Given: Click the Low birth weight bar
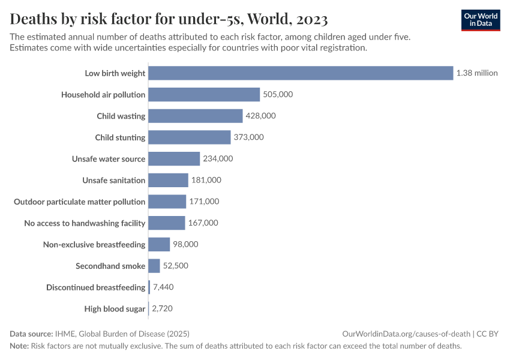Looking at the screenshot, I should tap(300, 73).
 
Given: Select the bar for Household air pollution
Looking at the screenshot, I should tap(204, 95).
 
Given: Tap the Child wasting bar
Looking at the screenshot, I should tap(195, 116).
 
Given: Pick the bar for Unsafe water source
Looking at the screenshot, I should tap(174, 159).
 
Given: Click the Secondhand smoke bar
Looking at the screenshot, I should tap(154, 266).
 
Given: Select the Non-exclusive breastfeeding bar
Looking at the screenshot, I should tap(159, 244).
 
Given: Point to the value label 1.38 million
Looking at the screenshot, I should tap(477, 73).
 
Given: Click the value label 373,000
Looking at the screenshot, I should tap(248, 137).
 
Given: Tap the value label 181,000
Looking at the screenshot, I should tap(206, 180).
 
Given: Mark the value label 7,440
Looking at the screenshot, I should tap(163, 287).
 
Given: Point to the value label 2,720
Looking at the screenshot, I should tap(163, 309).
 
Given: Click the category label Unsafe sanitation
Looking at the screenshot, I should tap(114, 180).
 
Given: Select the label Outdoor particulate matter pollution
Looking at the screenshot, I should tap(80, 202).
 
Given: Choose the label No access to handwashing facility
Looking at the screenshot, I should tap(85, 223).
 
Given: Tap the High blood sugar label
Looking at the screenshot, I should tap(115, 309).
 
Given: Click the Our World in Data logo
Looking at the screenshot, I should tap(480, 20).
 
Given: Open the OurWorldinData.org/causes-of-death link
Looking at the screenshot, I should tap(406, 334).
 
